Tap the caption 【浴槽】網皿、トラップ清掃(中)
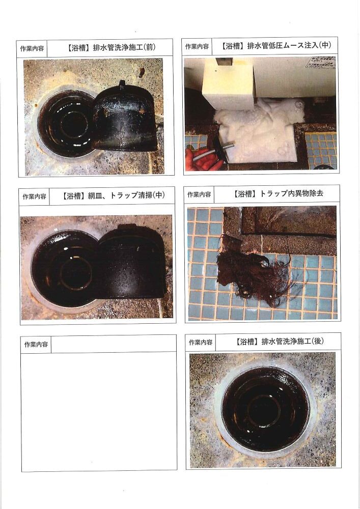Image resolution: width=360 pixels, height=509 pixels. point(113,195)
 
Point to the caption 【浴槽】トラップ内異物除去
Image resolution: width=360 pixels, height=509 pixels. point(278,194)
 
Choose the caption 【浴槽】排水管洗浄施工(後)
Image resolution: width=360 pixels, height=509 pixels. point(280,341)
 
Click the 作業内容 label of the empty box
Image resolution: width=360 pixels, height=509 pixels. point(36,345)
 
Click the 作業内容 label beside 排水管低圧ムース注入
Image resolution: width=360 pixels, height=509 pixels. point(197,46)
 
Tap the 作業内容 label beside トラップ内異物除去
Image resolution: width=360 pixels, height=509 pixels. point(199,194)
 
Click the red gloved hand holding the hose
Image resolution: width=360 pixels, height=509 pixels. point(203,159)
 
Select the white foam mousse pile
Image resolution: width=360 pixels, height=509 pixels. point(260,130)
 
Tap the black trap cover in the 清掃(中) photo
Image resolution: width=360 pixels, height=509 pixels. point(131,261)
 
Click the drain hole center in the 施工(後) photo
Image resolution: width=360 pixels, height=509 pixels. point(265,410)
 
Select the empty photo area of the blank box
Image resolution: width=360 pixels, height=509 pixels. point(99,411)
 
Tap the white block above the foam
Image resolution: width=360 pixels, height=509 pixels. point(228,84)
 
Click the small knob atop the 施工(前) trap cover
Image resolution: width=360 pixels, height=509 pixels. point(122,84)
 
